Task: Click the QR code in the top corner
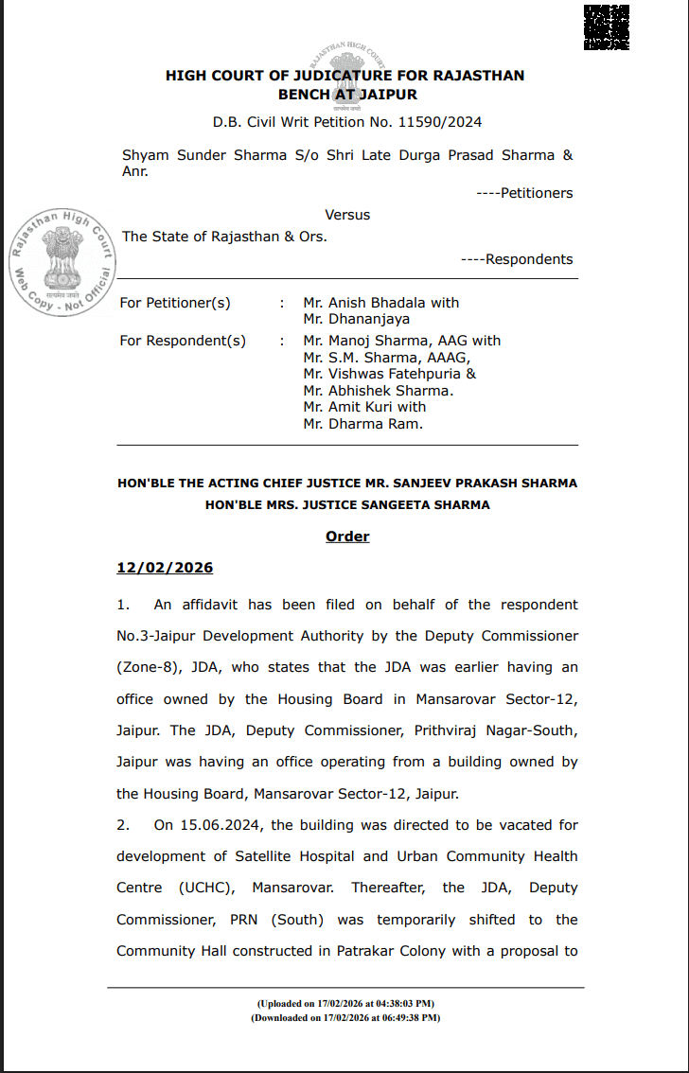click(607, 26)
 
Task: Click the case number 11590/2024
click(438, 122)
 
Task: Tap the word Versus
click(347, 215)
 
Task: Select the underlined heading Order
click(347, 536)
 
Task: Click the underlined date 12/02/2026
click(165, 568)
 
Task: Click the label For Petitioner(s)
click(175, 303)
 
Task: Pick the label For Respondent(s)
click(183, 341)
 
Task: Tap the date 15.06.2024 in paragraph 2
click(187, 825)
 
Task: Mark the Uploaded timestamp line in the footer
click(345, 1003)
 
